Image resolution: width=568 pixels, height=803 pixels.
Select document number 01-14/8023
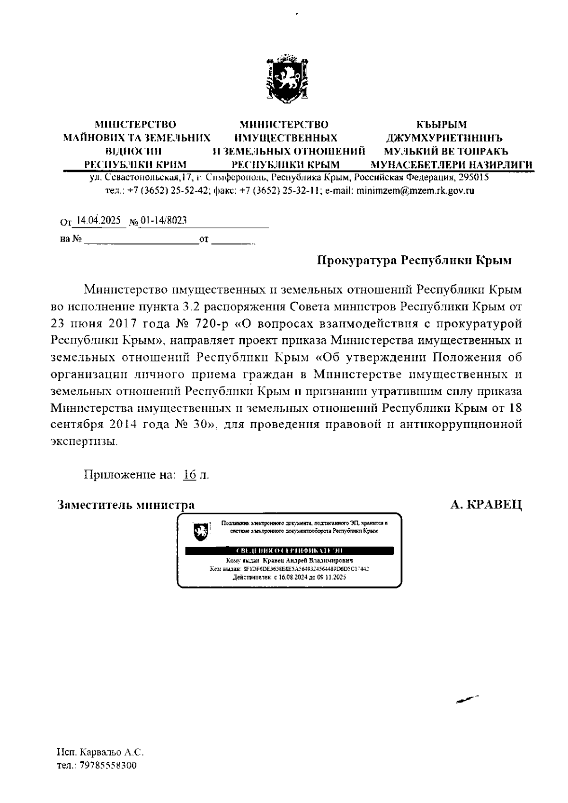point(163,221)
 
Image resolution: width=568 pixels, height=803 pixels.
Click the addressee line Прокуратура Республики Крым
point(414,260)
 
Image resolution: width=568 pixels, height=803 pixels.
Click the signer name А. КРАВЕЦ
point(486,505)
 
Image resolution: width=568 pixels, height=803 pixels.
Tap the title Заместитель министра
point(125,505)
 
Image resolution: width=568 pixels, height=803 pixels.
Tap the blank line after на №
point(141,240)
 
